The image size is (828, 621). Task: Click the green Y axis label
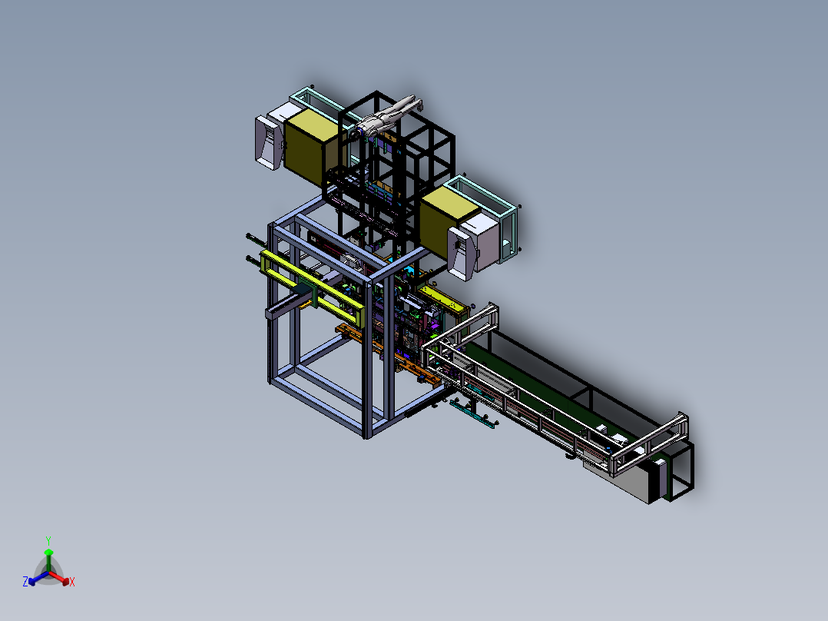coord(48,540)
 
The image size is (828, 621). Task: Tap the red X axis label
coord(72,582)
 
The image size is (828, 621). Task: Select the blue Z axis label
coord(25,581)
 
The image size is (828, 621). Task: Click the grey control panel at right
coord(462,254)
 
